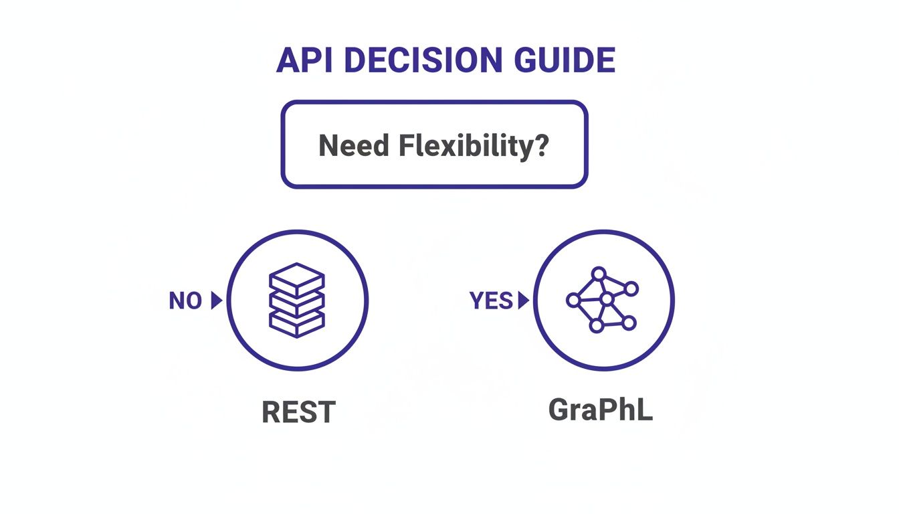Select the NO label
[x=185, y=301]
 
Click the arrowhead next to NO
[x=215, y=301]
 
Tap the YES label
[x=491, y=301]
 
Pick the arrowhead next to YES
[x=523, y=301]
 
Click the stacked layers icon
[x=296, y=300]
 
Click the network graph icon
[x=603, y=300]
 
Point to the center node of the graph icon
[x=607, y=299]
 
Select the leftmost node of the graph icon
[x=573, y=301]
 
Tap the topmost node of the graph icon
[x=599, y=274]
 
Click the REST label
[x=298, y=412]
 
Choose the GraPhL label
[x=600, y=410]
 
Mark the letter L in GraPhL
[x=643, y=410]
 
